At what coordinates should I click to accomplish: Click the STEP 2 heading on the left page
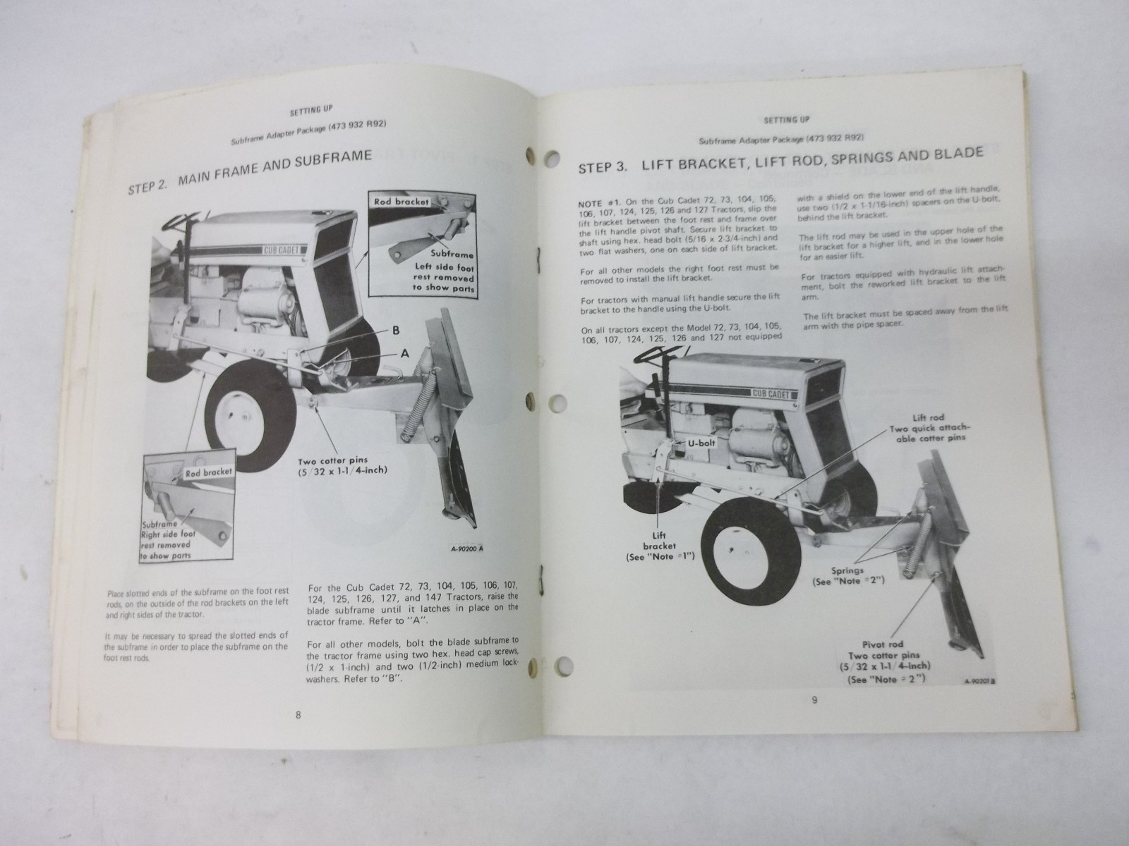click(x=250, y=174)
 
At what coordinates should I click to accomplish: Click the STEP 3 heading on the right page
click(x=780, y=160)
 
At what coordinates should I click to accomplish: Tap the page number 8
click(x=298, y=715)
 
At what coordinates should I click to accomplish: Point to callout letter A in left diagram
click(x=405, y=356)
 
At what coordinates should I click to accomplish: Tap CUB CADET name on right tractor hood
click(x=770, y=393)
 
